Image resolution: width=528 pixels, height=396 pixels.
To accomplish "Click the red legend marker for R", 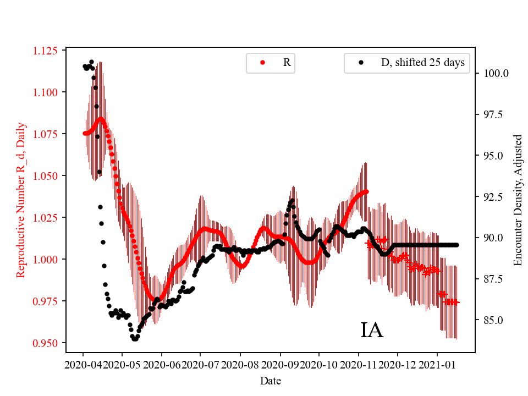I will pyautogui.click(x=262, y=63).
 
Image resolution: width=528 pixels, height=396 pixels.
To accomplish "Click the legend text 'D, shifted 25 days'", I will pyautogui.click(x=422, y=63).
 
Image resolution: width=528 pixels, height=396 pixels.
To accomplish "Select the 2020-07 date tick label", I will pyautogui.click(x=201, y=365).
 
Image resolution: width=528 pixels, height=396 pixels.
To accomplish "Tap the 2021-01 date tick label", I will pyautogui.click(x=437, y=365).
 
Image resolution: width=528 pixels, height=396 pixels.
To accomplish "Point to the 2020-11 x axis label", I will pyautogui.click(x=359, y=365).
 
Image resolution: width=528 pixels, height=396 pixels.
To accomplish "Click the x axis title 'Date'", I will pyautogui.click(x=270, y=380).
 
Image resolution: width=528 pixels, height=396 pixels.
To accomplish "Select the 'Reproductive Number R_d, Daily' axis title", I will pyautogui.click(x=21, y=200).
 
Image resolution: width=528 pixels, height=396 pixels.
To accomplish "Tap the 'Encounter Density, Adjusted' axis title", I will pyautogui.click(x=518, y=200).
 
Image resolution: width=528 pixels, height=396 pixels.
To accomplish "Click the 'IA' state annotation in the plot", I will pyautogui.click(x=371, y=330).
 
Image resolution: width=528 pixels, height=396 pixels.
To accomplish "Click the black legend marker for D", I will pyautogui.click(x=361, y=63).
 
